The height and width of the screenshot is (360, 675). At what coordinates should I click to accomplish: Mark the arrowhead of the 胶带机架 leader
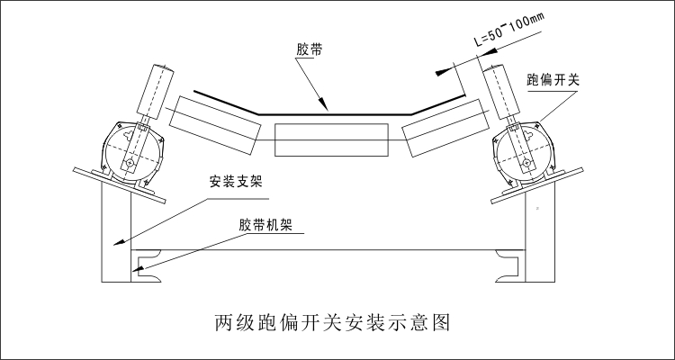pyautogui.click(x=136, y=267)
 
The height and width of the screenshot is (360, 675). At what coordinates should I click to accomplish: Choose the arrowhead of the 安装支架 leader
pyautogui.click(x=115, y=243)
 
